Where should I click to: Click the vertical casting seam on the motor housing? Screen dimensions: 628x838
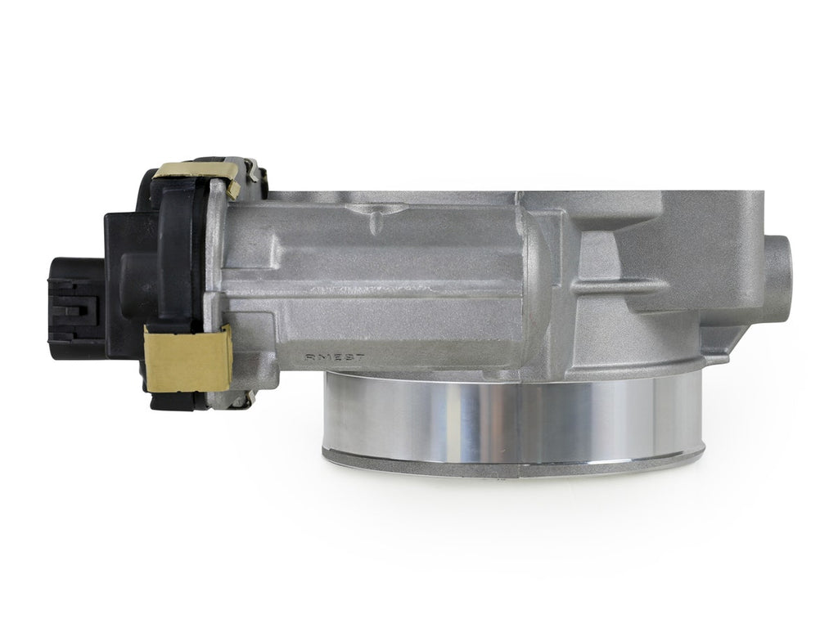coord(536,278)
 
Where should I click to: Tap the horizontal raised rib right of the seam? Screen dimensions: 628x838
coord(614,286)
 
